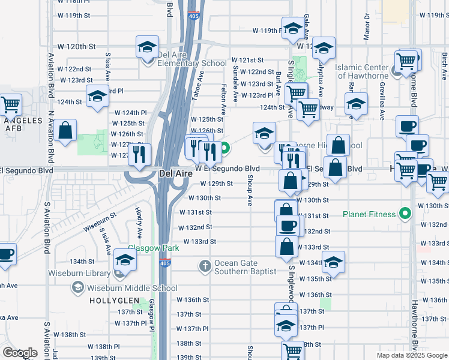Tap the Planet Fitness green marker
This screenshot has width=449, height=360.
405,214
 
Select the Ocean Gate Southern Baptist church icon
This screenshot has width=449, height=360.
205,265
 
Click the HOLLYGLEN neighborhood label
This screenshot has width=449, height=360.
115,300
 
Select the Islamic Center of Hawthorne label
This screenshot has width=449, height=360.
362,71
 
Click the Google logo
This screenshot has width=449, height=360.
20,353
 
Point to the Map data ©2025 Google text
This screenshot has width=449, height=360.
411,355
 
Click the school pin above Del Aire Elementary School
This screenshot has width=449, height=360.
146,49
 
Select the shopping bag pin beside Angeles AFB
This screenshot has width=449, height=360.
66,130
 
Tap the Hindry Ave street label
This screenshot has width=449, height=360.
138,223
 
